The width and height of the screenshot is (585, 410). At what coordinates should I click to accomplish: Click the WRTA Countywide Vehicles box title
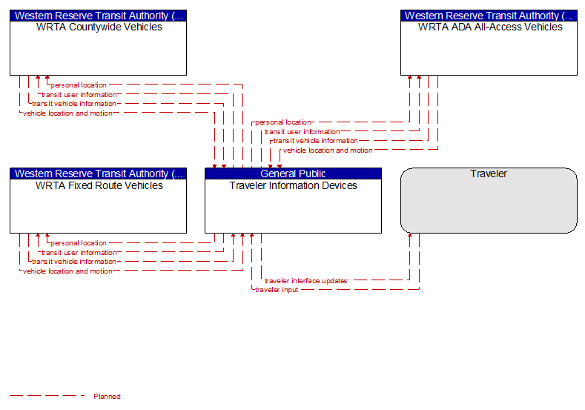coord(99,27)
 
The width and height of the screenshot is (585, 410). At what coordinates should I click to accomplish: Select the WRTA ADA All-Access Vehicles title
coord(490,27)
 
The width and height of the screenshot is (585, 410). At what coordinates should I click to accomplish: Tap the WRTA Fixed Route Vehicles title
coord(99,185)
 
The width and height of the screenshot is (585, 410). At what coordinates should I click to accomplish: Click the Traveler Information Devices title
coord(294,185)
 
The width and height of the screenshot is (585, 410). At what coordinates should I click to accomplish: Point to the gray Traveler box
coord(489,200)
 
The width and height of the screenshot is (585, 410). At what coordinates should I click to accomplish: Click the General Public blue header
coord(294,173)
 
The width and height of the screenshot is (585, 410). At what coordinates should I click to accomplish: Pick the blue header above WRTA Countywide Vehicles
coord(98,16)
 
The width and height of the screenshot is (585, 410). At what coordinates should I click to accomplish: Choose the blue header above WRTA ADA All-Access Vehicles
coord(489,16)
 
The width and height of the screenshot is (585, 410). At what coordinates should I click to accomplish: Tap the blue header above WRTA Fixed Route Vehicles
coord(98,173)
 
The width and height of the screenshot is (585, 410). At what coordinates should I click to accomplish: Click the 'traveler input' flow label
coord(277,290)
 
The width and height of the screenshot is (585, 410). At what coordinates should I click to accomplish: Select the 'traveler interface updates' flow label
coord(306,281)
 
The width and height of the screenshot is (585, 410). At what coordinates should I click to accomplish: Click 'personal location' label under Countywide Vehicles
coord(79,85)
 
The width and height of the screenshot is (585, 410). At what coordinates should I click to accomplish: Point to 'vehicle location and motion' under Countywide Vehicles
coord(67,113)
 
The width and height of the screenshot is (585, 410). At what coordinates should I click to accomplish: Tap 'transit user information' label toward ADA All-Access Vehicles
coord(303,132)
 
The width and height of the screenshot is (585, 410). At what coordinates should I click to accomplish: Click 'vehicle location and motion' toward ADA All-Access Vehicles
coord(328,151)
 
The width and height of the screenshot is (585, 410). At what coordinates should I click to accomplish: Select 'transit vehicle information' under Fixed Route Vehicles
coord(74,262)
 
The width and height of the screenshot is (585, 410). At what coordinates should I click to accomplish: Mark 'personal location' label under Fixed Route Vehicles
coord(79,243)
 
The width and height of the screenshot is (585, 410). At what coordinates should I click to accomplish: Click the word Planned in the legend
coord(107,396)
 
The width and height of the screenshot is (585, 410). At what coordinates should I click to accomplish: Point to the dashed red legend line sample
coord(47,395)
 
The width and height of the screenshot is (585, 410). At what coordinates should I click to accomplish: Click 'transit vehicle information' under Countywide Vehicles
coord(74,104)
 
